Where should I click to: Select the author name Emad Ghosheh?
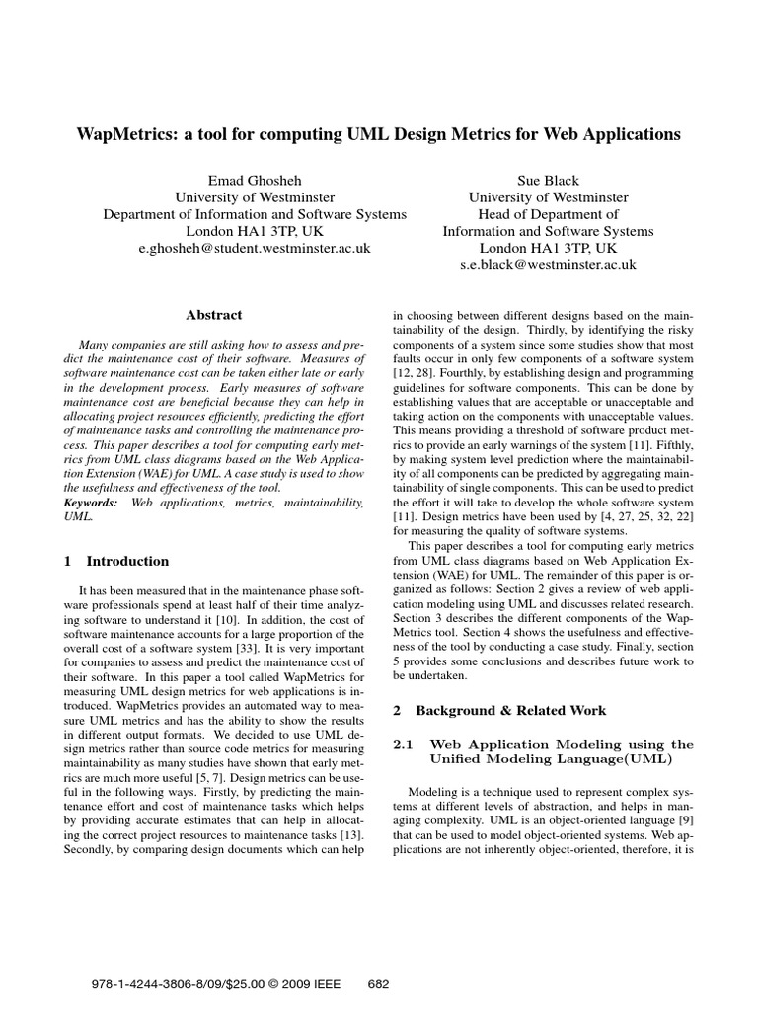tap(255, 181)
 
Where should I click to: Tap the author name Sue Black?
tap(548, 181)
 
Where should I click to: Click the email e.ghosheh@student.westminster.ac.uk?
tap(255, 249)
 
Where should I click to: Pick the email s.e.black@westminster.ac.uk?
tap(548, 265)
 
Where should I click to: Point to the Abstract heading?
tap(213, 315)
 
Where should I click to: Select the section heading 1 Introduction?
tap(115, 561)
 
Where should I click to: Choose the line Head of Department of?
tap(548, 214)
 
